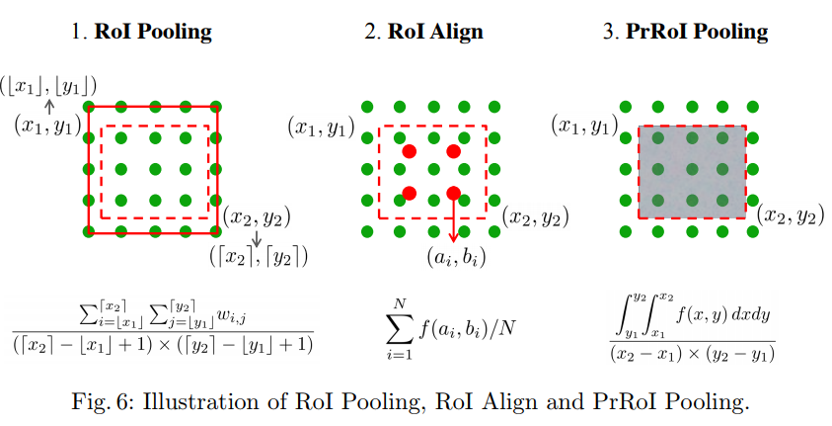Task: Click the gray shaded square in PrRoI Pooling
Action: (x=692, y=171)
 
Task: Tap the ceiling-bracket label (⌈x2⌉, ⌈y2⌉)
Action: (x=260, y=257)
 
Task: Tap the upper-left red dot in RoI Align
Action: (x=409, y=151)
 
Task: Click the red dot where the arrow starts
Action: (x=453, y=192)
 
